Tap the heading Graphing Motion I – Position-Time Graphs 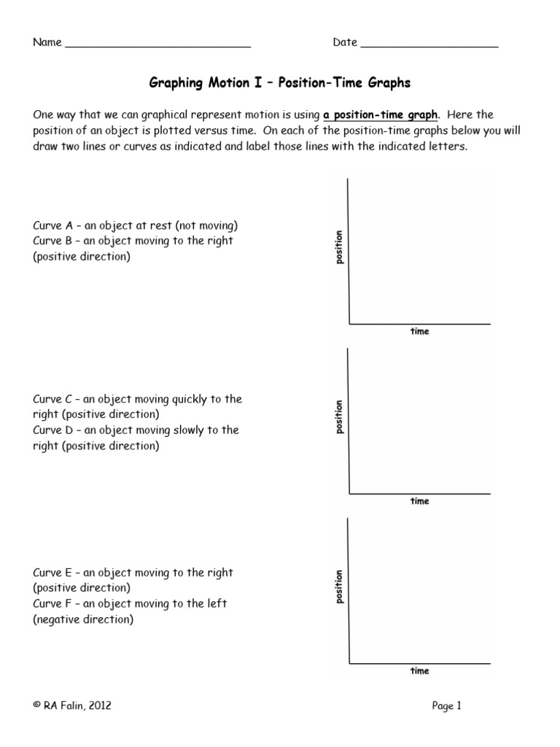point(280,83)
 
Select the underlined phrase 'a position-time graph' point(381,115)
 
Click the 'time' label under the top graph point(420,332)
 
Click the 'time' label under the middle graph point(420,501)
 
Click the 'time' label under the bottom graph point(420,671)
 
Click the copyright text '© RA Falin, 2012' point(72,705)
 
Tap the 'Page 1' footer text point(447,705)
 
